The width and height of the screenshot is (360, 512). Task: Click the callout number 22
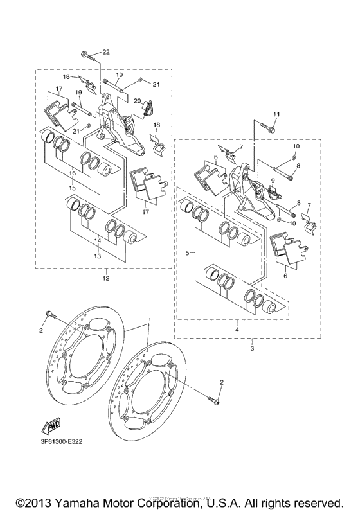[x=106, y=52]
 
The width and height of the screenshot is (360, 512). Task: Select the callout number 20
[x=136, y=100]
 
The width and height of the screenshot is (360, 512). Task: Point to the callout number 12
[x=105, y=278]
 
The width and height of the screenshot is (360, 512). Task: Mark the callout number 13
[x=98, y=255]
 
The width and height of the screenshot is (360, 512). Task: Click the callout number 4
[x=237, y=329]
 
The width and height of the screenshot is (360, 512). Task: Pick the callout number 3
[x=252, y=348]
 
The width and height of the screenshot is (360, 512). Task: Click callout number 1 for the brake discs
[x=149, y=319]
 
